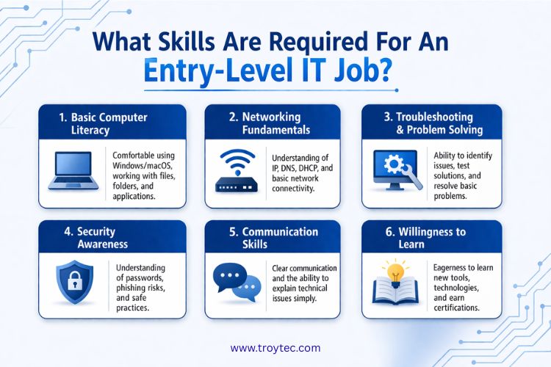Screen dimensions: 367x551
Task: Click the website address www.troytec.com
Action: [275, 347]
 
